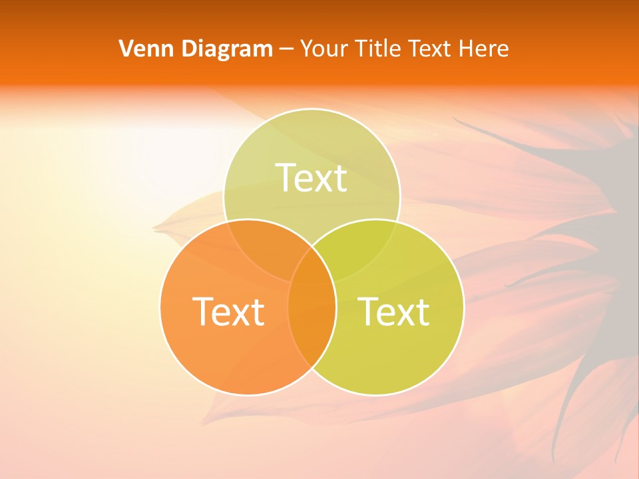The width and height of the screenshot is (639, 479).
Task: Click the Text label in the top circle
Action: [312, 178]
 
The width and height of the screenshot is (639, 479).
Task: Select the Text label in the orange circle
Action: [228, 311]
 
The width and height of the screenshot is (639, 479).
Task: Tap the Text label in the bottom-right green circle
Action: [393, 311]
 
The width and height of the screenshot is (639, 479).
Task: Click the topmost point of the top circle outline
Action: [312, 109]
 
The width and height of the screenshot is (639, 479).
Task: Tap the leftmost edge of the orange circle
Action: [160, 307]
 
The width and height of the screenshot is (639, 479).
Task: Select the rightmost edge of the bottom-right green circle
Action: [464, 307]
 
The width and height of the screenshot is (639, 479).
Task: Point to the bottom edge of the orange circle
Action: [248, 395]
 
